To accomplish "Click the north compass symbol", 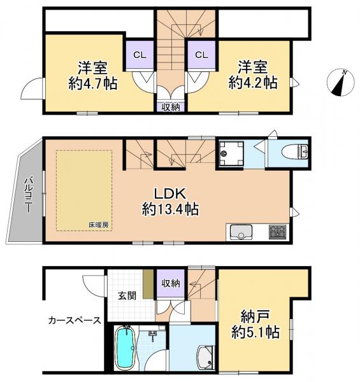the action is [x=340, y=82].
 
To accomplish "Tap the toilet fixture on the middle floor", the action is [x=295, y=152].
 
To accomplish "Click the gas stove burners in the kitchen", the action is [x=277, y=232].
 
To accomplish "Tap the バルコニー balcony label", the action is [x=29, y=195].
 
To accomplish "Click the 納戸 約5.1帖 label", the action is [x=256, y=324].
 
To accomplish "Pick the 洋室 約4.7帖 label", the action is [x=92, y=75].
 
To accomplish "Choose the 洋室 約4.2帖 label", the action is [x=253, y=74].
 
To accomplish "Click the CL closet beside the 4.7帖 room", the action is [x=140, y=55].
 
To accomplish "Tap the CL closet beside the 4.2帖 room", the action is [x=201, y=55].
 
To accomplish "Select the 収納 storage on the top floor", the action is [x=171, y=107].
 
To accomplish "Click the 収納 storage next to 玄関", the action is [x=171, y=283].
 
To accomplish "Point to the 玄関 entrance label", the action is [x=127, y=296].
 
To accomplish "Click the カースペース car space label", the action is [x=75, y=320].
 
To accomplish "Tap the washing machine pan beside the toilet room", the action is [x=231, y=153].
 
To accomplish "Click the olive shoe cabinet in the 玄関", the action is [x=148, y=284].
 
